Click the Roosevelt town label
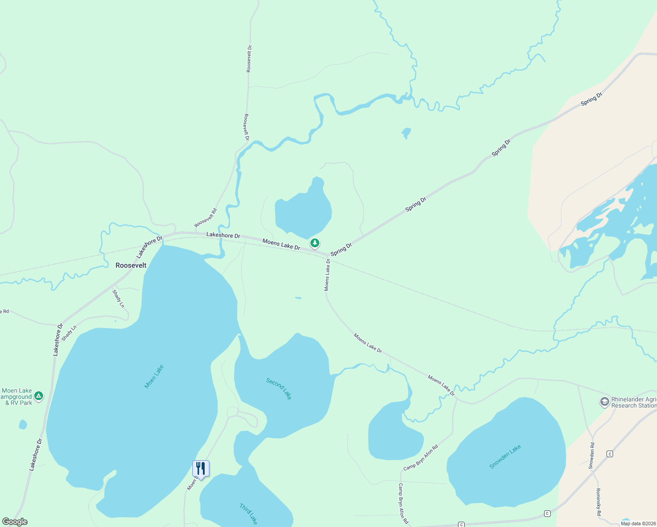pos(131,265)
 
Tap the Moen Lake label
pos(154,376)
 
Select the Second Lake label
pos(279,389)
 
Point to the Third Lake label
pos(249,514)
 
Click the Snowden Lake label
pos(505,456)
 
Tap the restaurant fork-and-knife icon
pos(201,469)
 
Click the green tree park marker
pos(314,243)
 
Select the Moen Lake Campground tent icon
pos(39,396)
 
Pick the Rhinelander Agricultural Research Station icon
pos(604,402)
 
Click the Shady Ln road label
pos(119,299)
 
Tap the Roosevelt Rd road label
pos(206,218)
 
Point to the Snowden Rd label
pos(592,455)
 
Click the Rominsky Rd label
pos(598,502)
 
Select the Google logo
pos(14,522)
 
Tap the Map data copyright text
pos(638,523)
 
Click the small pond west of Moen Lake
pos(23,424)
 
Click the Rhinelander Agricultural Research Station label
pos(634,402)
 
